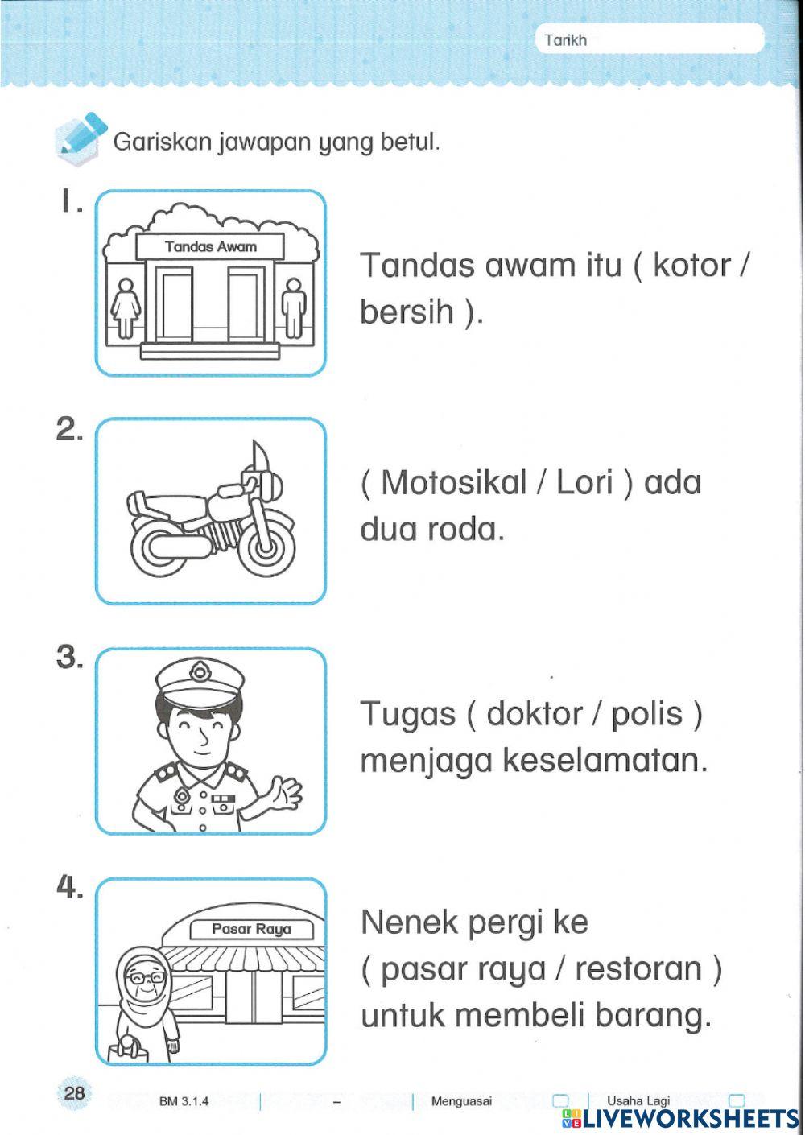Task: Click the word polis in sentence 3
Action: pos(647,713)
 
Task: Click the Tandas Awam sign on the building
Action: pos(210,246)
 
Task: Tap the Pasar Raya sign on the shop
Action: pos(250,929)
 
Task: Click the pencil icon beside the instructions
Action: pos(79,134)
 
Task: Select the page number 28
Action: pos(75,1093)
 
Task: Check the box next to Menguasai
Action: pos(561,1100)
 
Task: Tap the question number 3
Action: pos(68,658)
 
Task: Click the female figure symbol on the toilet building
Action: pos(125,307)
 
